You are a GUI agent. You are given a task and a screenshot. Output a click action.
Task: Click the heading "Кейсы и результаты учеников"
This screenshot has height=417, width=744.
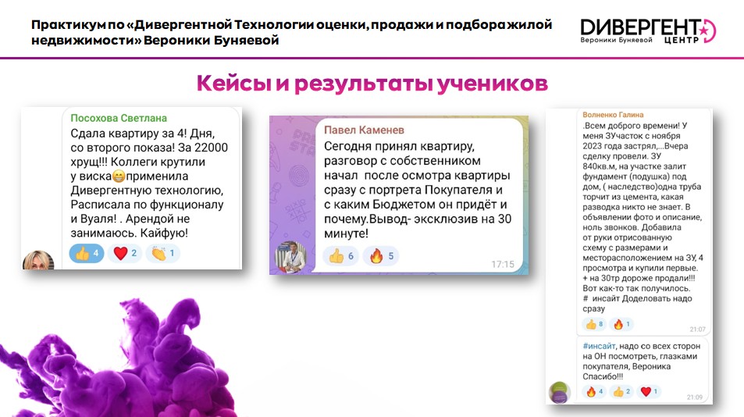pyautogui.click(x=372, y=83)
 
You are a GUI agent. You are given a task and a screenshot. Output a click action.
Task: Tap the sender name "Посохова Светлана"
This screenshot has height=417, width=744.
pyautogui.click(x=119, y=118)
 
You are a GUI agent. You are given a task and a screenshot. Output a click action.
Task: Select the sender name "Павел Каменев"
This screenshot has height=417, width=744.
pyautogui.click(x=364, y=130)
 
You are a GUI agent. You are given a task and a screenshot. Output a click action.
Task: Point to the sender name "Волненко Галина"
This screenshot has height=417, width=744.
pyautogui.click(x=613, y=115)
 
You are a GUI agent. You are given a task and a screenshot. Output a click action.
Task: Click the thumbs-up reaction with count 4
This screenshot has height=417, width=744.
pyautogui.click(x=87, y=253)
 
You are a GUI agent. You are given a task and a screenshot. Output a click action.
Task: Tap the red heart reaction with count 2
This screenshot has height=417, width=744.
pyautogui.click(x=125, y=253)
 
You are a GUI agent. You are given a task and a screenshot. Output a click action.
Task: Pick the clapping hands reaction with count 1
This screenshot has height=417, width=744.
pyautogui.click(x=162, y=253)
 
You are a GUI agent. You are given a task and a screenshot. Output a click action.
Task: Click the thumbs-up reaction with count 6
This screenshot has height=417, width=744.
pyautogui.click(x=341, y=256)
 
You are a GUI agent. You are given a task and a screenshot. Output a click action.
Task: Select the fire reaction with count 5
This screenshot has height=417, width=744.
pyautogui.click(x=381, y=256)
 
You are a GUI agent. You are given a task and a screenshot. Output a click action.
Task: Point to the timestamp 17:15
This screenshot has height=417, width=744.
pyautogui.click(x=503, y=264)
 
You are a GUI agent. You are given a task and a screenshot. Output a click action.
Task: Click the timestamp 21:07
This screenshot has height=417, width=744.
pyautogui.click(x=697, y=330)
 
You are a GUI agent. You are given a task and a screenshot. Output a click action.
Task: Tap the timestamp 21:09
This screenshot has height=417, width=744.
pyautogui.click(x=695, y=397)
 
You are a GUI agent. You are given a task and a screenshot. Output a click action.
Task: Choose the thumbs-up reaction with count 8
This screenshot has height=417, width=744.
pyautogui.click(x=595, y=325)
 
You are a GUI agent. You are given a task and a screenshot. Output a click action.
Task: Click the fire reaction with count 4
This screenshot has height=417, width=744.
pyautogui.click(x=595, y=392)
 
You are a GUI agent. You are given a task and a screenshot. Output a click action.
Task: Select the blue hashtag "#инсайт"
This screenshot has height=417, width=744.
pyautogui.click(x=599, y=346)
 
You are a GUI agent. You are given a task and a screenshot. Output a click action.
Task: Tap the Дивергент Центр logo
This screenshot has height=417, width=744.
pyautogui.click(x=648, y=30)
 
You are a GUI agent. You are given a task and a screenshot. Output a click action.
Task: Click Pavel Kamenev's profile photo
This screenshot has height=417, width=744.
pyautogui.click(x=291, y=257)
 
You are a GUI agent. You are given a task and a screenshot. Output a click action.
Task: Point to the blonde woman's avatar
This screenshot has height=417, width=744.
pyautogui.click(x=38, y=260)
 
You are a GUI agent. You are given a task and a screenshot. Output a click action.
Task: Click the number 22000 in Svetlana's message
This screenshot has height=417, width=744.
pyautogui.click(x=211, y=148)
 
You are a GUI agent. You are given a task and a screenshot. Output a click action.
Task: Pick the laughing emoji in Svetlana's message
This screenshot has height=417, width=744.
pyautogui.click(x=119, y=176)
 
